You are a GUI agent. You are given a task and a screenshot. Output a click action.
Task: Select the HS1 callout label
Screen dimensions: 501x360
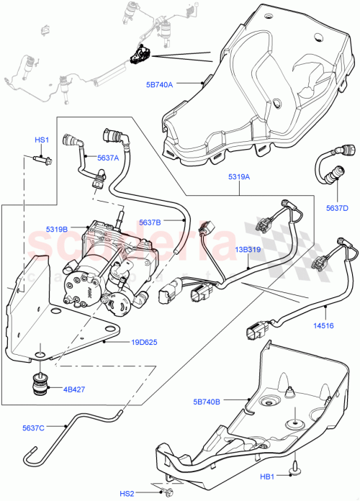pyautogui.click(x=42, y=140)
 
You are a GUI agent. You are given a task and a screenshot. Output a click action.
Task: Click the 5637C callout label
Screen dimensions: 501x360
pyautogui.click(x=32, y=428)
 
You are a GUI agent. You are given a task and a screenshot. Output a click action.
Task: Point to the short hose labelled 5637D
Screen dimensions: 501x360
pyautogui.click(x=333, y=171)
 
